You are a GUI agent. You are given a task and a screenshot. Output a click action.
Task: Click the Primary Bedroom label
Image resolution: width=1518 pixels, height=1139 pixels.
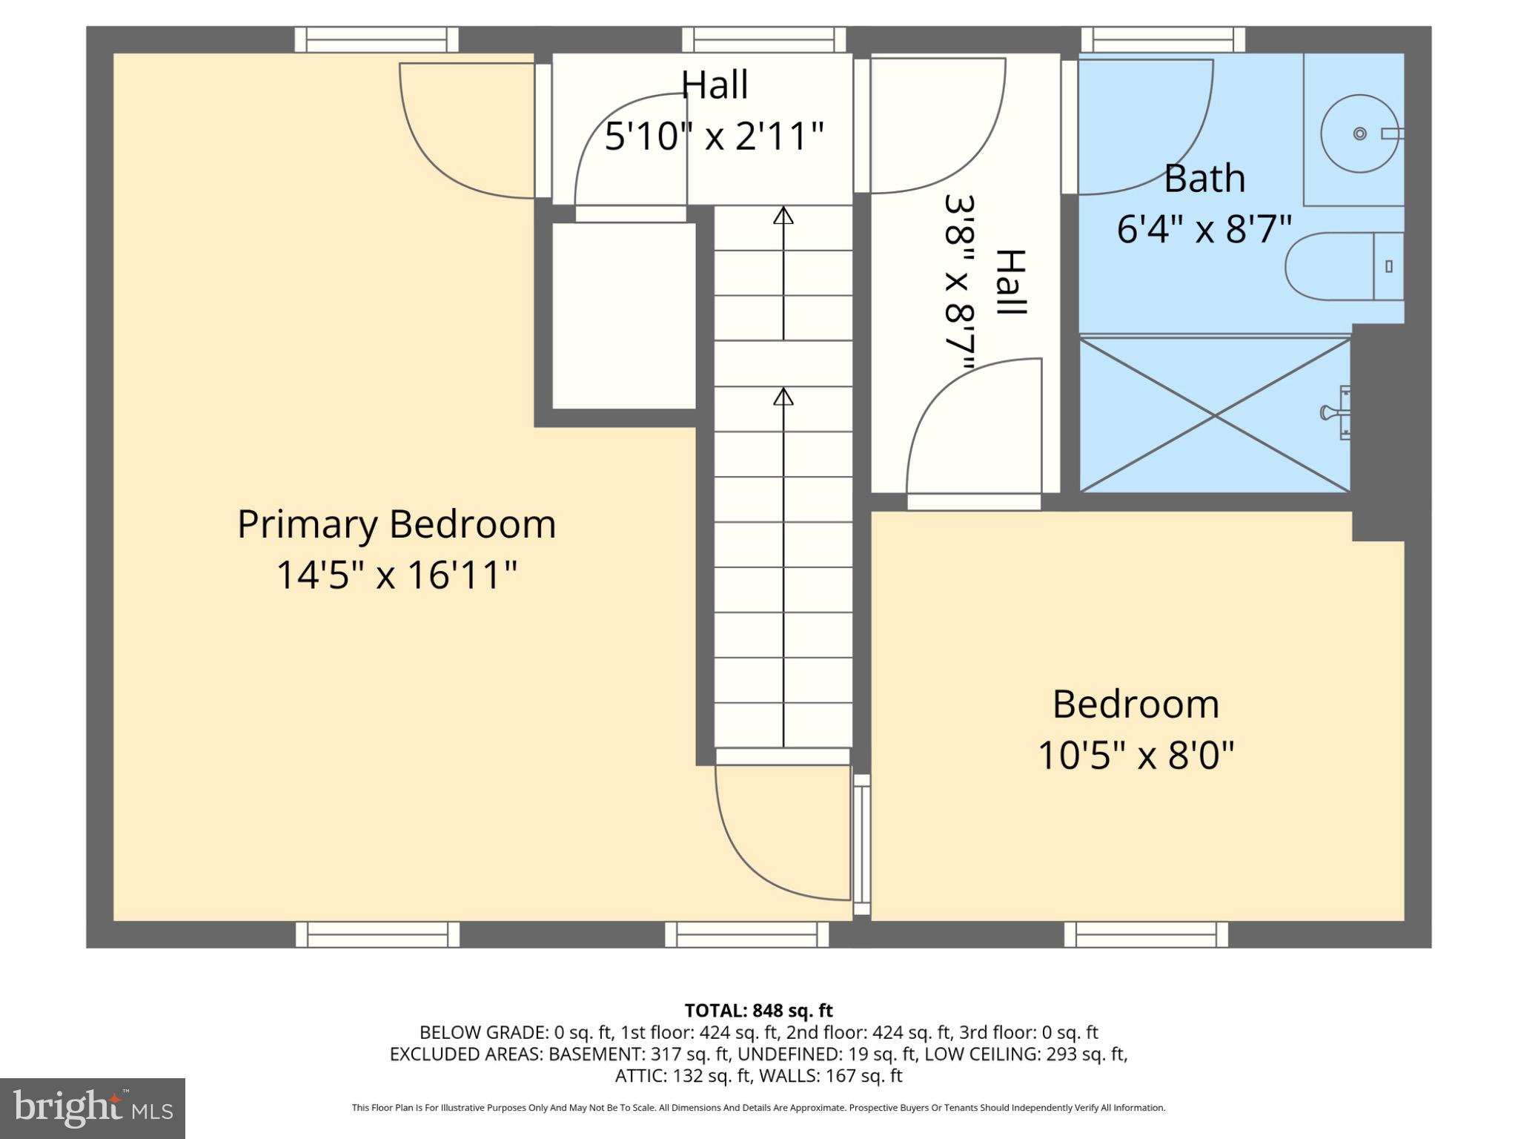click(x=397, y=525)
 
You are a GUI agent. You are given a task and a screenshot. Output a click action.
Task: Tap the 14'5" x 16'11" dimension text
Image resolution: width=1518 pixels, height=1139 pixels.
click(x=397, y=575)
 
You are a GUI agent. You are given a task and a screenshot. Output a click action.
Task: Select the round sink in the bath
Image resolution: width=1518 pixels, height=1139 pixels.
click(x=1359, y=133)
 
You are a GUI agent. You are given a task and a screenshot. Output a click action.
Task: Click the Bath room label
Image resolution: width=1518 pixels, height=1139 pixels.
click(x=1204, y=179)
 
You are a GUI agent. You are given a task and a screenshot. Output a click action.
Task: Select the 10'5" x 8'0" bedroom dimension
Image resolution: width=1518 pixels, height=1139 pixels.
click(x=1136, y=756)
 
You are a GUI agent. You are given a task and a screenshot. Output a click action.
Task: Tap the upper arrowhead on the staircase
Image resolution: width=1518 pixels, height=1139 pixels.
click(x=783, y=216)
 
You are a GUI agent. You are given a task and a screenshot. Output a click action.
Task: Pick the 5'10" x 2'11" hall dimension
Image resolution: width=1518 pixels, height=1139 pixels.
click(x=714, y=136)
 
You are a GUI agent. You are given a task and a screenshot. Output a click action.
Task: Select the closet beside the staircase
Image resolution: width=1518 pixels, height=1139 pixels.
click(x=623, y=316)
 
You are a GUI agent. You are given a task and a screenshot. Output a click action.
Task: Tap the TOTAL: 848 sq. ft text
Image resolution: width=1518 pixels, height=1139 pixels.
click(x=758, y=1011)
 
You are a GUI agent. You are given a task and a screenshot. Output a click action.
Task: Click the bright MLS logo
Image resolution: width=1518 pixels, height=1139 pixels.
click(x=93, y=1109)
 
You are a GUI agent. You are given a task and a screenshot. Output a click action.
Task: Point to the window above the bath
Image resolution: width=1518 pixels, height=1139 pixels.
click(x=1163, y=39)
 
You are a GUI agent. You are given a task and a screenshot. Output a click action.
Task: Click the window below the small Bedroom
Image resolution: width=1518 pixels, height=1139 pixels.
click(x=1146, y=934)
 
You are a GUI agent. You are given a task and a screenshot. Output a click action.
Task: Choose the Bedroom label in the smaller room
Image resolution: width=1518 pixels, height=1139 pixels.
click(x=1136, y=704)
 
